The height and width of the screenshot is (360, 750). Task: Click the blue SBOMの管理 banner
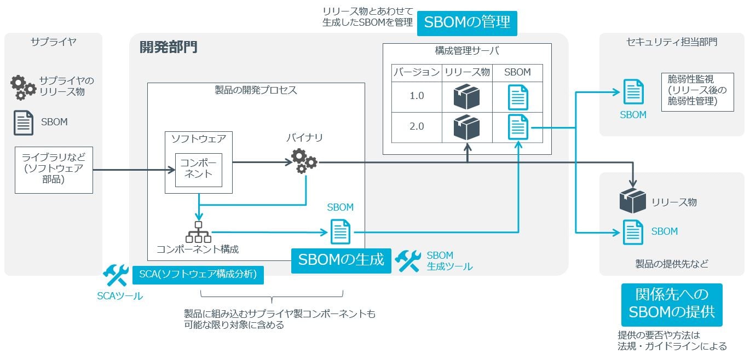(467, 22)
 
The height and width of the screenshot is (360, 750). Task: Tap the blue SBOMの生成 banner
(341, 260)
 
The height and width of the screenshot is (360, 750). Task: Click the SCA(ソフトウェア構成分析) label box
(198, 275)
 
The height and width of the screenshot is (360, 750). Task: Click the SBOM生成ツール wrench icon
(408, 262)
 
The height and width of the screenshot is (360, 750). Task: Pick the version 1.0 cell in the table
(417, 96)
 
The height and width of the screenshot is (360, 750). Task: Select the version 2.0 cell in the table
(417, 126)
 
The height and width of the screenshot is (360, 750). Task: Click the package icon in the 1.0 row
(466, 97)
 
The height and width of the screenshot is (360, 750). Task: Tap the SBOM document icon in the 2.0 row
(517, 127)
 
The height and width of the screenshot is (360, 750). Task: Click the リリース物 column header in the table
(466, 72)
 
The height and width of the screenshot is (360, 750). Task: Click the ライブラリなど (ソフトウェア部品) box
(54, 170)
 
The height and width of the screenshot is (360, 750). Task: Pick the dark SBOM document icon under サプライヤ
(23, 123)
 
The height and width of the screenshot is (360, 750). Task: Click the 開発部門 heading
(168, 48)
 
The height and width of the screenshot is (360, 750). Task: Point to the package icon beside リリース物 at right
(632, 201)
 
